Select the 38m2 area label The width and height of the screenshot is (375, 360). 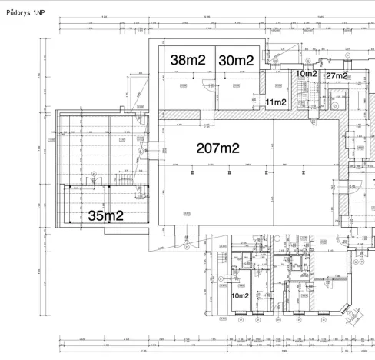pyautogui.click(x=187, y=60)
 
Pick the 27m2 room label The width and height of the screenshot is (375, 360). pyautogui.click(x=337, y=75)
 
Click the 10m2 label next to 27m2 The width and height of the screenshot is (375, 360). pyautogui.click(x=306, y=74)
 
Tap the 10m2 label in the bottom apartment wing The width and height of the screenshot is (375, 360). pyautogui.click(x=240, y=295)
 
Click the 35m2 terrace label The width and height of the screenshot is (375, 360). pyautogui.click(x=105, y=215)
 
